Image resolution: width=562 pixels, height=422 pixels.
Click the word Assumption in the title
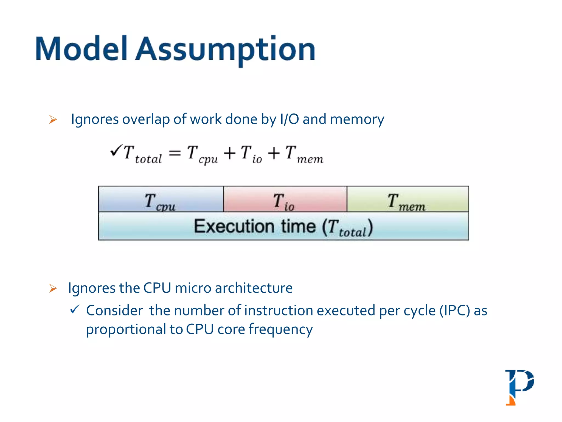click(x=225, y=49)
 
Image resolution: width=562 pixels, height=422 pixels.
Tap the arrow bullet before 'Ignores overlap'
click(x=53, y=120)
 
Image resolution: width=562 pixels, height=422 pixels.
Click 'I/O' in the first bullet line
click(x=289, y=120)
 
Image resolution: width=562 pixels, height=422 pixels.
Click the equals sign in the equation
click(x=175, y=153)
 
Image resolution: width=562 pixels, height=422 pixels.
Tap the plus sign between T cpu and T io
click(x=229, y=153)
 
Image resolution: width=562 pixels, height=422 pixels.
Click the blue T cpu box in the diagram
click(x=161, y=199)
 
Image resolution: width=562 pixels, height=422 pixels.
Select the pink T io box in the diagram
click(x=285, y=199)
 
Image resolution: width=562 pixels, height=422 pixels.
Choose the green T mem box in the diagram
click(x=408, y=199)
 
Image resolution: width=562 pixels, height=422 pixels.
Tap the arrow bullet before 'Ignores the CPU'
click(x=53, y=288)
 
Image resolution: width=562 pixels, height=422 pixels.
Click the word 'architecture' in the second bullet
click(x=254, y=288)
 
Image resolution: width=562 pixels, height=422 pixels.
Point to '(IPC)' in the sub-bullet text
click(x=455, y=311)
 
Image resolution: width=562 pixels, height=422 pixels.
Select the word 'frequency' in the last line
click(x=280, y=329)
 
